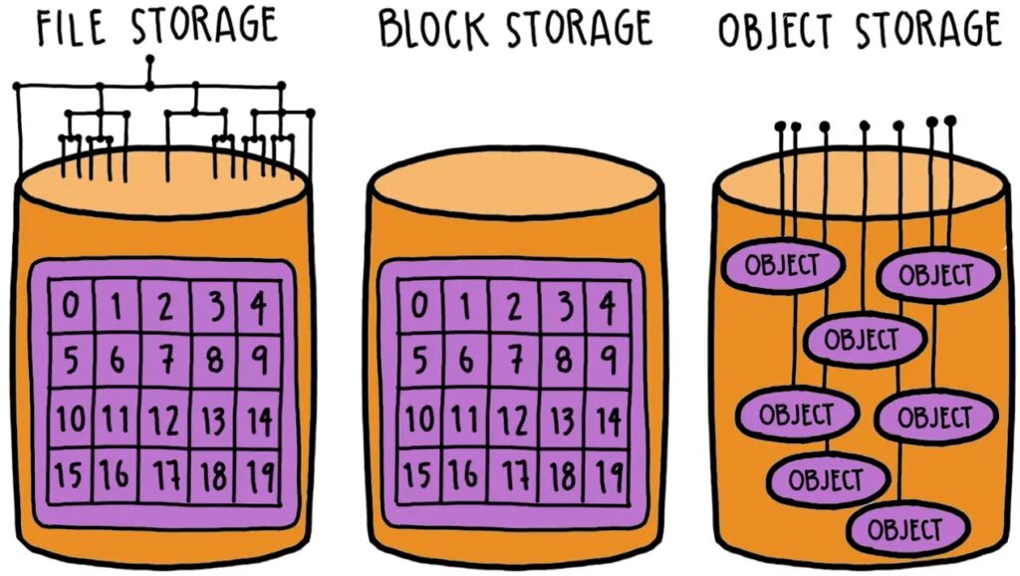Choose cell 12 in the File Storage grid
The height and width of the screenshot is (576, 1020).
pyautogui.click(x=164, y=420)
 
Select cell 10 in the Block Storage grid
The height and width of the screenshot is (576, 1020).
pyautogui.click(x=418, y=420)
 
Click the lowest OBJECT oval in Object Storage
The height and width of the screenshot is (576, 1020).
pyautogui.click(x=905, y=528)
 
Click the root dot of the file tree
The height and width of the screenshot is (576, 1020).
pyautogui.click(x=149, y=60)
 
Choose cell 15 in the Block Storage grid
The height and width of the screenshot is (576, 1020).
pyautogui.click(x=418, y=475)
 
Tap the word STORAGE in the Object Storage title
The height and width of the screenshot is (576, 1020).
pyautogui.click(x=927, y=31)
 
